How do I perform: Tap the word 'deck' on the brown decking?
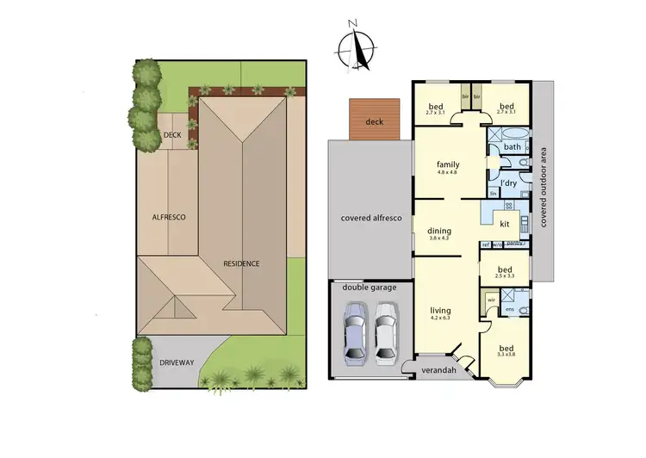374,122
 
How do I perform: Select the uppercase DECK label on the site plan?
171,135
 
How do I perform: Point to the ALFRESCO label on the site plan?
170,217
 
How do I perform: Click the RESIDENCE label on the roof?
241,263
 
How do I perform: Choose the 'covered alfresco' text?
371,219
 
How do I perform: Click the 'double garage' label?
370,287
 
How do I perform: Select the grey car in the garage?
354,332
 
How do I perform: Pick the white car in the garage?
384,332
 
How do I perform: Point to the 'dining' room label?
439,230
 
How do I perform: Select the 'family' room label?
447,164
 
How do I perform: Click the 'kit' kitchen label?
505,224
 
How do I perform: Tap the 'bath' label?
512,147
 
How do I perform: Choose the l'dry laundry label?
508,183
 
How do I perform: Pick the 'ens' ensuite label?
510,309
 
